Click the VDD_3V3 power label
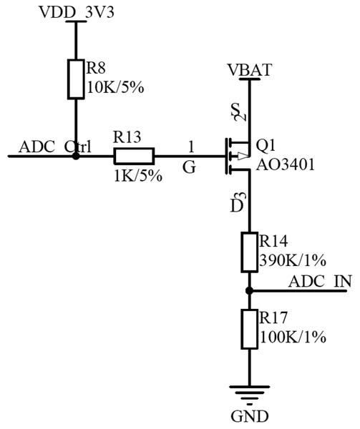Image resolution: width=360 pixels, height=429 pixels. point(77,12)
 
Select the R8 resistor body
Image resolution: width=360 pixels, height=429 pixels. point(76,79)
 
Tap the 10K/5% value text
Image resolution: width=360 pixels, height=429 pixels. point(115,88)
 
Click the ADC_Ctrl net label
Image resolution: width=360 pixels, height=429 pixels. point(55,147)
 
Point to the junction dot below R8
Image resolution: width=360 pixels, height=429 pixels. point(76,156)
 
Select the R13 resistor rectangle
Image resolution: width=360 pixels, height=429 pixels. point(134,156)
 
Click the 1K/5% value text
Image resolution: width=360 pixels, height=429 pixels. point(138,177)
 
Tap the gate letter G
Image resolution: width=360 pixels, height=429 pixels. point(189,167)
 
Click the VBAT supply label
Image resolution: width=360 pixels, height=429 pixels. point(250,70)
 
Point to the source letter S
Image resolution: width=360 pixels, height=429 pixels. point(235,111)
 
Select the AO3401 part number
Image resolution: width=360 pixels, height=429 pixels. point(285,165)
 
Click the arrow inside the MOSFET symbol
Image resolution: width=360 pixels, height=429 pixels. point(243,156)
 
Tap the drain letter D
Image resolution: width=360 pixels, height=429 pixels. point(236,207)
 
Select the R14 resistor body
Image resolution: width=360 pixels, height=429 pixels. point(249,252)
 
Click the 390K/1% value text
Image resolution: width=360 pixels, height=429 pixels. point(293,260)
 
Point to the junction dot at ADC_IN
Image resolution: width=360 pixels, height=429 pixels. point(249,291)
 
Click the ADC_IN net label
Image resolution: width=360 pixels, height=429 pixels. point(320,281)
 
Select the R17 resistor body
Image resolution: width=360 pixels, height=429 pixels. point(249,329)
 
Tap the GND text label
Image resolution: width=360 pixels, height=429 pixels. point(249,416)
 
